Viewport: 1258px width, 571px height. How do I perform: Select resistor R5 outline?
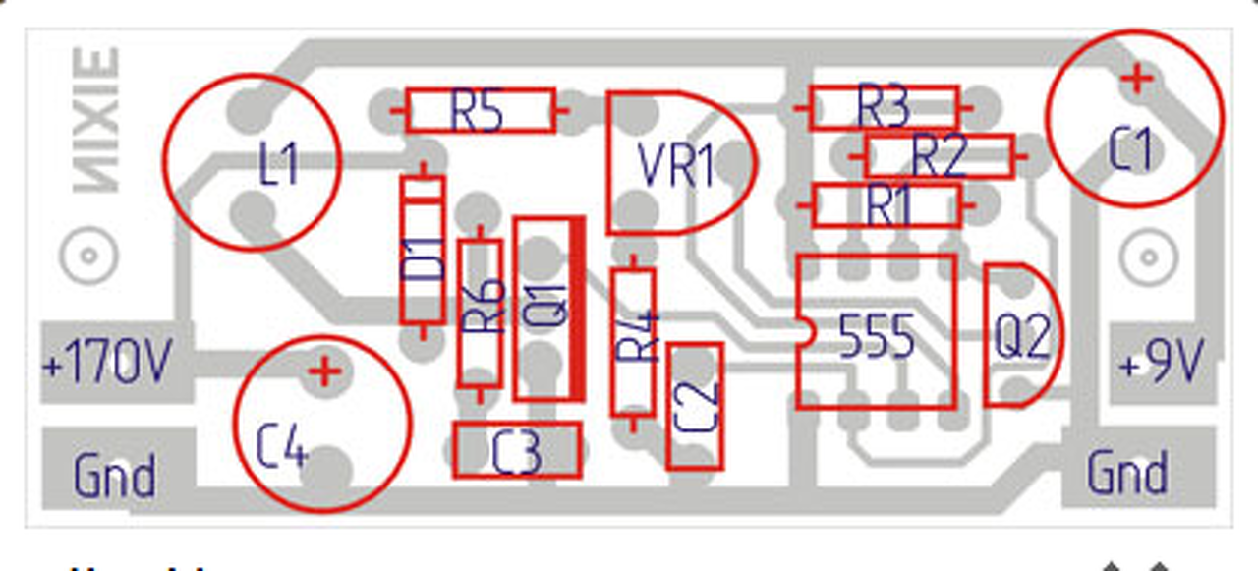480,110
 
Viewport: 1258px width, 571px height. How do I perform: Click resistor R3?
883,107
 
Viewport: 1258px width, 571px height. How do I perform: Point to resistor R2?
939,155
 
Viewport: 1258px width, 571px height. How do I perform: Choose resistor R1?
886,206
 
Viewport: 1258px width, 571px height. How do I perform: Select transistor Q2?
1022,336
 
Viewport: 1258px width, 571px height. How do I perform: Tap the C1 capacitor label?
1130,149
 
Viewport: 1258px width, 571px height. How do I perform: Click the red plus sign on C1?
1137,78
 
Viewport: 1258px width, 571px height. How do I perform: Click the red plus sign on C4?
323,371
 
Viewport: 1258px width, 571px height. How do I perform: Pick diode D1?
424,251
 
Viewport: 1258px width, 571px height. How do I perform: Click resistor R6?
481,313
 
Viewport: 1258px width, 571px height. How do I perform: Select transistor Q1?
548,309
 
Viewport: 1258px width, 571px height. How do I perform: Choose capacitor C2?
695,406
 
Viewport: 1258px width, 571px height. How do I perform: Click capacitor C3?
517,451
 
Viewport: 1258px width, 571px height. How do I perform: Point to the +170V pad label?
108,365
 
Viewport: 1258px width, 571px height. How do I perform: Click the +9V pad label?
1161,365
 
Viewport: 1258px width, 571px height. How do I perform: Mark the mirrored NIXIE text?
96,120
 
